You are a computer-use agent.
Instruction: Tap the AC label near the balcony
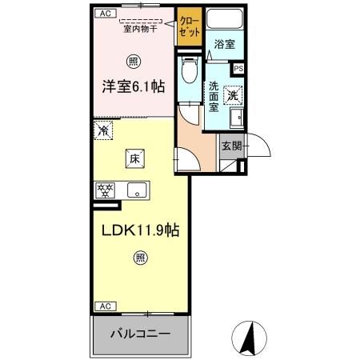[x=104, y=306]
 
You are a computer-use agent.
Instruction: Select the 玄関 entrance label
[x=231, y=146]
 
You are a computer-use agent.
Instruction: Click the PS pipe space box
[x=238, y=68]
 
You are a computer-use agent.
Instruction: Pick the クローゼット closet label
[x=190, y=23]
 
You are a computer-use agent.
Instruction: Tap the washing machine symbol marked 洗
[x=232, y=94]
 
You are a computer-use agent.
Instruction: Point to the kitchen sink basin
[x=135, y=190]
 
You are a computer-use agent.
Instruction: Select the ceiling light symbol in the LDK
[x=139, y=258]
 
